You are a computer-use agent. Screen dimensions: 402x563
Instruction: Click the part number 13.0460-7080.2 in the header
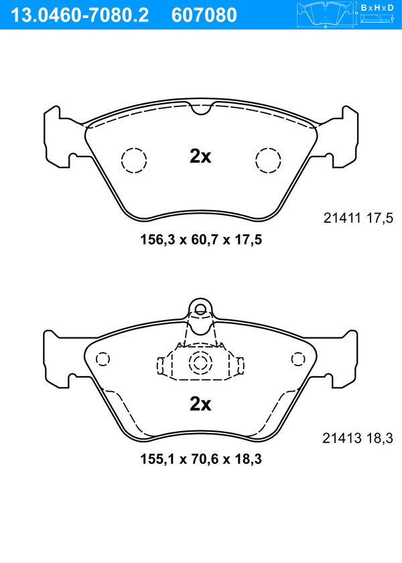(80, 15)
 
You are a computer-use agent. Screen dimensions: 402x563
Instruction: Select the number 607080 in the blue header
(204, 15)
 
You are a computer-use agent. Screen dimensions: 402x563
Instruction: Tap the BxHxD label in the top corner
(377, 7)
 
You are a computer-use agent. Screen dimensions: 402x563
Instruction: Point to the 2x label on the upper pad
(200, 156)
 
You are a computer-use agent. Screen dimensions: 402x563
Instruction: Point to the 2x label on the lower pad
(200, 404)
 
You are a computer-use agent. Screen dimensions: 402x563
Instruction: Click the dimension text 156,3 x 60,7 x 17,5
(201, 240)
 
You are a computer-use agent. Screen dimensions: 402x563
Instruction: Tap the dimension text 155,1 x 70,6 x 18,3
(201, 459)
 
